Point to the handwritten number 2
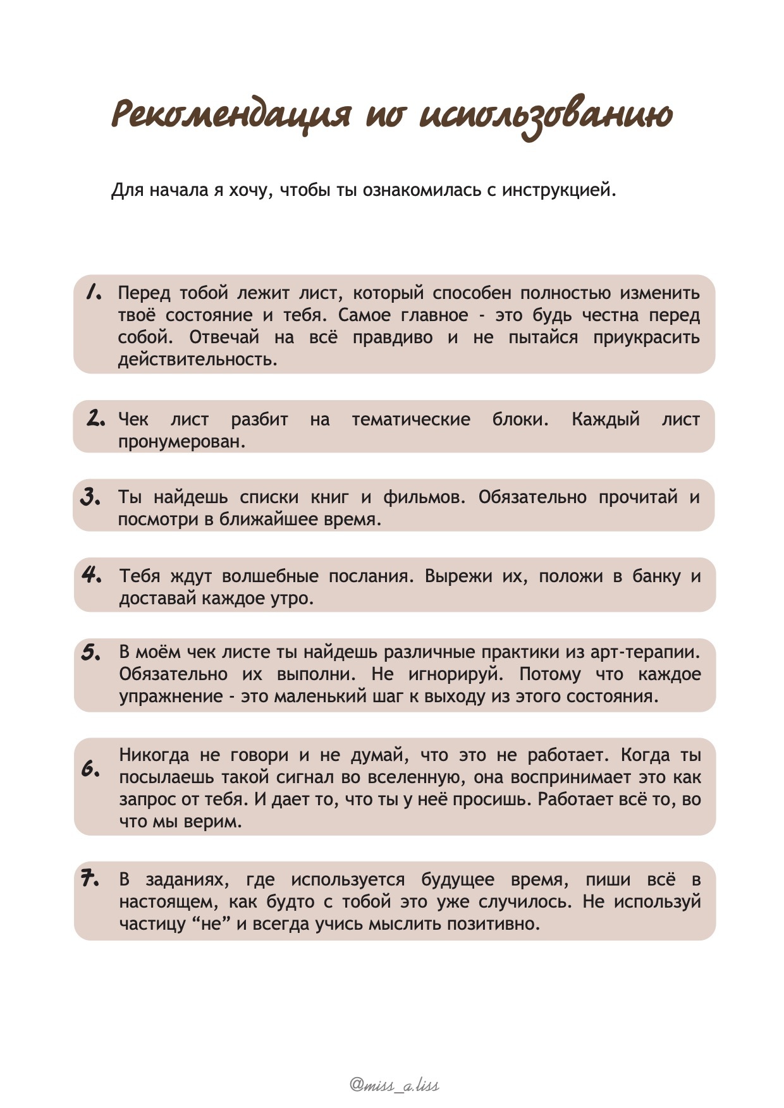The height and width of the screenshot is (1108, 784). [x=95, y=418]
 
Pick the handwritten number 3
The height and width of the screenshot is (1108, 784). [x=91, y=497]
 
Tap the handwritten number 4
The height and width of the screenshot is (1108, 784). [x=92, y=575]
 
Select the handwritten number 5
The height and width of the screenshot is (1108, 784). [x=91, y=652]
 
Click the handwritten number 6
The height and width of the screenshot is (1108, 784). [x=91, y=769]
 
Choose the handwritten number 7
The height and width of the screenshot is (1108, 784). [x=90, y=879]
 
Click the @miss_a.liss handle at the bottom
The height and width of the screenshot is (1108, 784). [x=395, y=1085]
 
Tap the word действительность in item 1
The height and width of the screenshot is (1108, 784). [x=197, y=360]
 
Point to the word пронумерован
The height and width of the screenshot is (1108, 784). [x=181, y=442]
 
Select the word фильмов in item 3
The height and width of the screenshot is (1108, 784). [x=424, y=497]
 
